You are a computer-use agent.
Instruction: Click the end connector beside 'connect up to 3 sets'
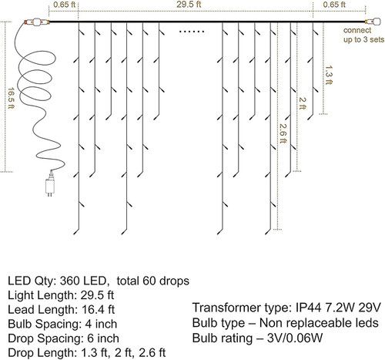[368, 22]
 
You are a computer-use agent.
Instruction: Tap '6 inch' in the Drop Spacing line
[104, 337]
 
